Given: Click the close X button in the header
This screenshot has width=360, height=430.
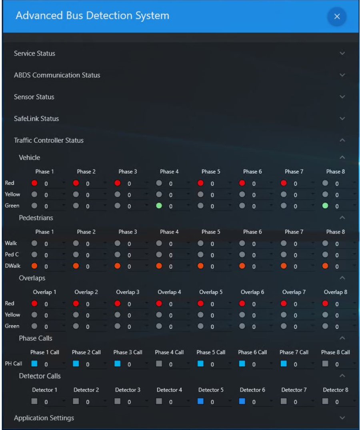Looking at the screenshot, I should click(337, 16).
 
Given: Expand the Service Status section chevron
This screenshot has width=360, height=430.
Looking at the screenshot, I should click(342, 53).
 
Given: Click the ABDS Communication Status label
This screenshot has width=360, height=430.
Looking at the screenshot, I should click(57, 75).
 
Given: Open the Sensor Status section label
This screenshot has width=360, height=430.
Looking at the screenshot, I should click(34, 97).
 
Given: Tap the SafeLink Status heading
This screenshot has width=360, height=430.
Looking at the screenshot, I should click(36, 119).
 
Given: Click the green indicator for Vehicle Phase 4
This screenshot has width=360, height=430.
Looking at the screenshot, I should click(159, 206).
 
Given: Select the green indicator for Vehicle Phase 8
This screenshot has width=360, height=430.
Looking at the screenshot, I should click(325, 206).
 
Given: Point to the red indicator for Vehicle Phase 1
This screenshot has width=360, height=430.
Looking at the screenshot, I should click(34, 183).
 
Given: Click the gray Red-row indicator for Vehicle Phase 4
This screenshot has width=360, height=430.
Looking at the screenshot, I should click(159, 183).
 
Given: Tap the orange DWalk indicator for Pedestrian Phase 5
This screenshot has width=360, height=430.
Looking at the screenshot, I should click(200, 266).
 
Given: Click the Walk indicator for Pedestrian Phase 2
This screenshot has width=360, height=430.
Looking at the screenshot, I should click(76, 243).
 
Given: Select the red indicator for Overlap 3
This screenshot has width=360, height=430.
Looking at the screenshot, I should click(117, 304).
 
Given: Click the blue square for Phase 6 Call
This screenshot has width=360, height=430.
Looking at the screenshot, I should click(242, 364).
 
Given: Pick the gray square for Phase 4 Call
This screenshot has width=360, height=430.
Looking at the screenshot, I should click(159, 364).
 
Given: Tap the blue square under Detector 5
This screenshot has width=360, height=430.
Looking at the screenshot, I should click(200, 402).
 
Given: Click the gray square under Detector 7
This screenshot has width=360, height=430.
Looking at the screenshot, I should click(284, 402).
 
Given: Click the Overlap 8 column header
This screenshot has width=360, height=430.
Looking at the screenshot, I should click(335, 292).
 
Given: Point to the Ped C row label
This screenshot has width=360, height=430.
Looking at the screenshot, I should click(12, 254).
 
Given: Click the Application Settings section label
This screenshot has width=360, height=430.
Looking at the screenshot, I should click(44, 418).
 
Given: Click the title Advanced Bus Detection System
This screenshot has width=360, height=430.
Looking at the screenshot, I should click(92, 16).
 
